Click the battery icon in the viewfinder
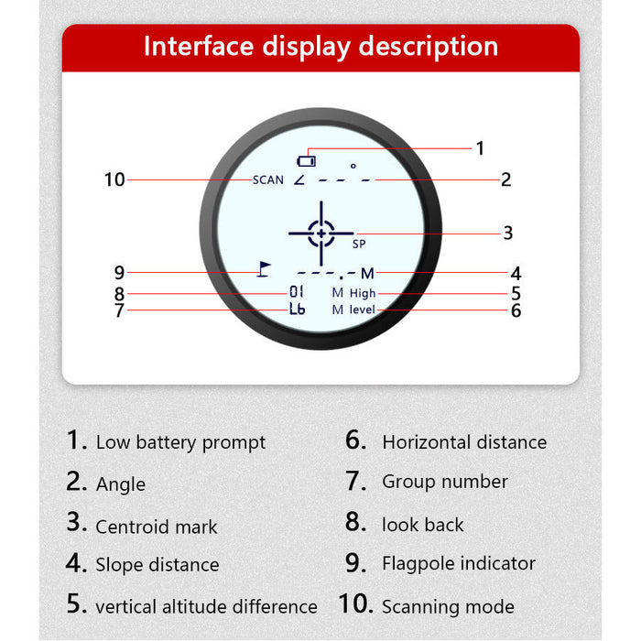(306, 161)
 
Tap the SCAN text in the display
(267, 179)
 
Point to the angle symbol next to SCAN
(299, 179)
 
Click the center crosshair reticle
(321, 234)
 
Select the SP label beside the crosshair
(359, 244)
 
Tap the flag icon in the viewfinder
(264, 269)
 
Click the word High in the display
(363, 294)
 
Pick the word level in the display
(363, 310)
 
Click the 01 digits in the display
(297, 291)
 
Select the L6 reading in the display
(298, 309)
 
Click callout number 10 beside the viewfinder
(114, 179)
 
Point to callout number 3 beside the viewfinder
(507, 233)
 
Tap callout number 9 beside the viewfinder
(119, 273)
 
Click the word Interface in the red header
(199, 46)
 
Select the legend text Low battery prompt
(180, 442)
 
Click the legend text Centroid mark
(157, 527)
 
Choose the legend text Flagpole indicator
(459, 564)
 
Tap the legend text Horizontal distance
(464, 442)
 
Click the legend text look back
(423, 525)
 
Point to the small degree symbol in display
(353, 166)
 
